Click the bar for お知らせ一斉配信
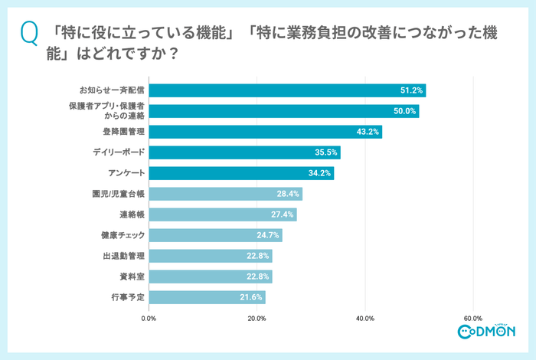(x=286, y=90)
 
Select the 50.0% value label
(x=405, y=111)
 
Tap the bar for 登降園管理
(x=264, y=132)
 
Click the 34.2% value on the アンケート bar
(x=320, y=173)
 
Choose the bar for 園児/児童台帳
(x=225, y=194)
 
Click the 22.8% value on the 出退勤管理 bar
(x=258, y=256)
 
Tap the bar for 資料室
(x=210, y=277)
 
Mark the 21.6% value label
(x=252, y=297)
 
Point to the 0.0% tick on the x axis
(x=149, y=318)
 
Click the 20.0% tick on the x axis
(x=257, y=318)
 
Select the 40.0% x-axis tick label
(x=364, y=318)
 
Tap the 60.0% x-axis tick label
(x=472, y=318)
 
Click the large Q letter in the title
(x=30, y=34)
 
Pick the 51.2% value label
(x=412, y=90)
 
